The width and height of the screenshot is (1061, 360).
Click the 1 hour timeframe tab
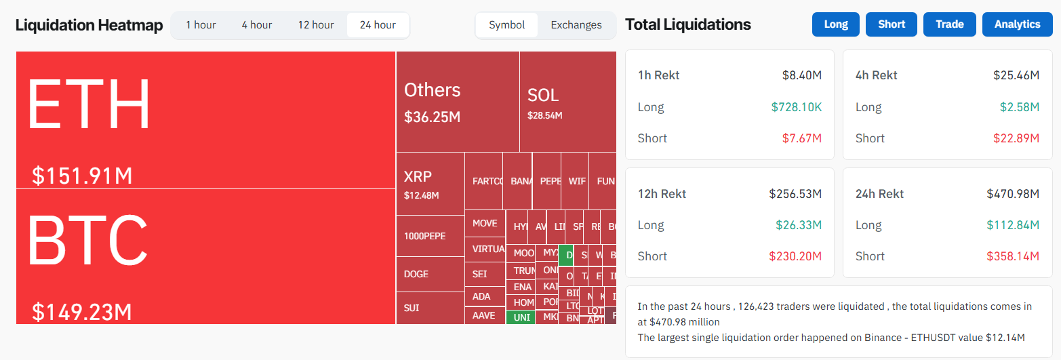(x=201, y=25)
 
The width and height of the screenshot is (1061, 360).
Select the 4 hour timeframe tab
(x=257, y=25)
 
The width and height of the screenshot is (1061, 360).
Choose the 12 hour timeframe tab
(x=316, y=25)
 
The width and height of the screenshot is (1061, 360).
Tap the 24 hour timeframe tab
(x=378, y=25)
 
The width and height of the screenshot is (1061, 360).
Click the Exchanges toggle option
(x=576, y=25)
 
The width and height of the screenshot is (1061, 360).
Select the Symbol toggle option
(x=507, y=25)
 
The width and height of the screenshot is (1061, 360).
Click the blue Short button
(x=892, y=24)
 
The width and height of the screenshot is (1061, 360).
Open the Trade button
(x=949, y=24)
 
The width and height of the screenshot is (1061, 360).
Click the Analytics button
(x=1017, y=24)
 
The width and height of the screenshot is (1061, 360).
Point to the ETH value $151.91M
(x=82, y=176)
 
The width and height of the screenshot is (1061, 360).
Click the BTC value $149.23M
(x=82, y=312)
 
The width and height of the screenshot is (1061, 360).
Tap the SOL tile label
(x=543, y=96)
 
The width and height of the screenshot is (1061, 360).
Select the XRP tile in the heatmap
(x=430, y=184)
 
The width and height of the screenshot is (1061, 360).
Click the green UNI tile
(x=521, y=317)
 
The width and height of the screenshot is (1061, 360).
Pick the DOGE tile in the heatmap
(x=430, y=275)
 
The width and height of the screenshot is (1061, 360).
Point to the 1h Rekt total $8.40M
(x=801, y=75)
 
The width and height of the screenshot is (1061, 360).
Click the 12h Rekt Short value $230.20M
(x=795, y=256)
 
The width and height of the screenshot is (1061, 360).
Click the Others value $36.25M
(x=433, y=117)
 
